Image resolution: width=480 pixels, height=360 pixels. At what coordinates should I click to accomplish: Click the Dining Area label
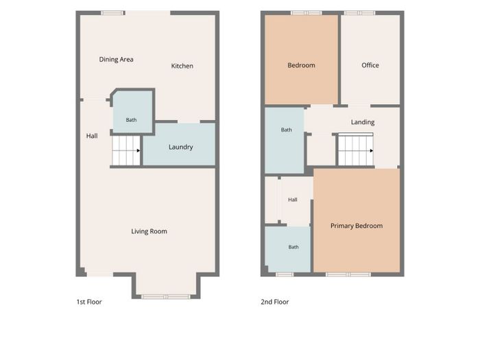116,60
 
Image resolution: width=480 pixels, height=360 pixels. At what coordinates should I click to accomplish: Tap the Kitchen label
182,66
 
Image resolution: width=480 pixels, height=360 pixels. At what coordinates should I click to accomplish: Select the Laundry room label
180,147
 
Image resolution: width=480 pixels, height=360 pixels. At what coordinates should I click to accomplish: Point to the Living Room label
149,231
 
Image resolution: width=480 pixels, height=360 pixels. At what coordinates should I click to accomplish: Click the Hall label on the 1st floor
92,136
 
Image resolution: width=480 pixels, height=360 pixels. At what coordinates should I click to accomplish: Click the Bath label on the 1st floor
132,120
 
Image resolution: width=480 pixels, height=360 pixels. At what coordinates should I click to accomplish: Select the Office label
370,65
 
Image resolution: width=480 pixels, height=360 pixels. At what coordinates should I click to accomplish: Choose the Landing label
363,122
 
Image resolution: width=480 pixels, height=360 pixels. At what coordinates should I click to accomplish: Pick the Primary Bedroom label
357,226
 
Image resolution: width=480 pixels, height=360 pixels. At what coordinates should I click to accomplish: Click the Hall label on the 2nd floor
293,200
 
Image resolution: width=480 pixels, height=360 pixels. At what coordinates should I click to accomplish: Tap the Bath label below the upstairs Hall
293,247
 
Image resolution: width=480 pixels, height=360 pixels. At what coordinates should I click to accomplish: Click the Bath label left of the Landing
286,130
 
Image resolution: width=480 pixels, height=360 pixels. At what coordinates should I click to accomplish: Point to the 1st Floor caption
89,302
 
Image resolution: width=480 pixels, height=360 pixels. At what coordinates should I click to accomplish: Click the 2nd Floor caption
275,302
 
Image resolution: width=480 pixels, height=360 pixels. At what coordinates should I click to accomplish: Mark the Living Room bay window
166,296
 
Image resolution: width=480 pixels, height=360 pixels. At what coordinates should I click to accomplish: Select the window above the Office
359,13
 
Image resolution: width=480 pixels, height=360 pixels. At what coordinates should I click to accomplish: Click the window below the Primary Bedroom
348,274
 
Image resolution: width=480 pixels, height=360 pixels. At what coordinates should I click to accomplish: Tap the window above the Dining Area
112,13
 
